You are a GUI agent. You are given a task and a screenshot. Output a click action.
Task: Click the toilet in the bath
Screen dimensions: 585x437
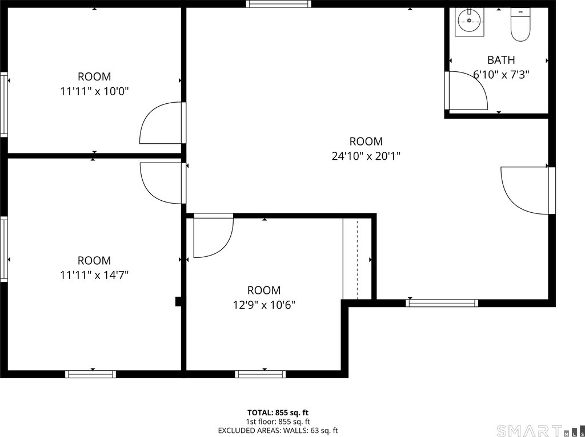(x=520, y=24)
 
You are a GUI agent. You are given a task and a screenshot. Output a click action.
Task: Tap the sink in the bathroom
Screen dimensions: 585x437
(x=470, y=22)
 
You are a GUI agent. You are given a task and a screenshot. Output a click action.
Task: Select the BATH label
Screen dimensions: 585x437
(x=501, y=60)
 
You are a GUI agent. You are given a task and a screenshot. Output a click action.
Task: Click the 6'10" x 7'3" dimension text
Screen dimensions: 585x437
(x=501, y=75)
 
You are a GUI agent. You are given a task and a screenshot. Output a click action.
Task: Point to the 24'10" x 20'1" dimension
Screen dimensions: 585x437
(x=366, y=156)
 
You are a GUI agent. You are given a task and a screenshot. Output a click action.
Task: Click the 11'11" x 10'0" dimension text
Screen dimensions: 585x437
(x=94, y=91)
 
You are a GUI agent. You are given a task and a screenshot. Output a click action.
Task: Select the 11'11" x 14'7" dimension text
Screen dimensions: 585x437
(x=94, y=276)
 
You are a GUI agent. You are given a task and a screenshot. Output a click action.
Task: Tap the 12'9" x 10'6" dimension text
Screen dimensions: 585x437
(x=264, y=305)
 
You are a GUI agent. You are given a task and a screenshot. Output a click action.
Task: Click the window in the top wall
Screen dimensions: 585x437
(x=278, y=4)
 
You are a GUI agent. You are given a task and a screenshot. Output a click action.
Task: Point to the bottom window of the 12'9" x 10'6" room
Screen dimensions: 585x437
(x=261, y=374)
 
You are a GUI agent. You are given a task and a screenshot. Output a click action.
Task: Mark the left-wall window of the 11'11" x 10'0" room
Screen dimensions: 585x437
(x=4, y=105)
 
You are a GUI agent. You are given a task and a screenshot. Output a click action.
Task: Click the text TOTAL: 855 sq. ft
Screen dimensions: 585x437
(x=278, y=412)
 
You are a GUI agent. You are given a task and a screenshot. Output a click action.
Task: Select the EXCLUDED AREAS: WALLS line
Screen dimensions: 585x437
(x=278, y=430)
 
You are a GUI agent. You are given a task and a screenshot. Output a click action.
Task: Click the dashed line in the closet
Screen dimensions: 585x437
(x=358, y=260)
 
